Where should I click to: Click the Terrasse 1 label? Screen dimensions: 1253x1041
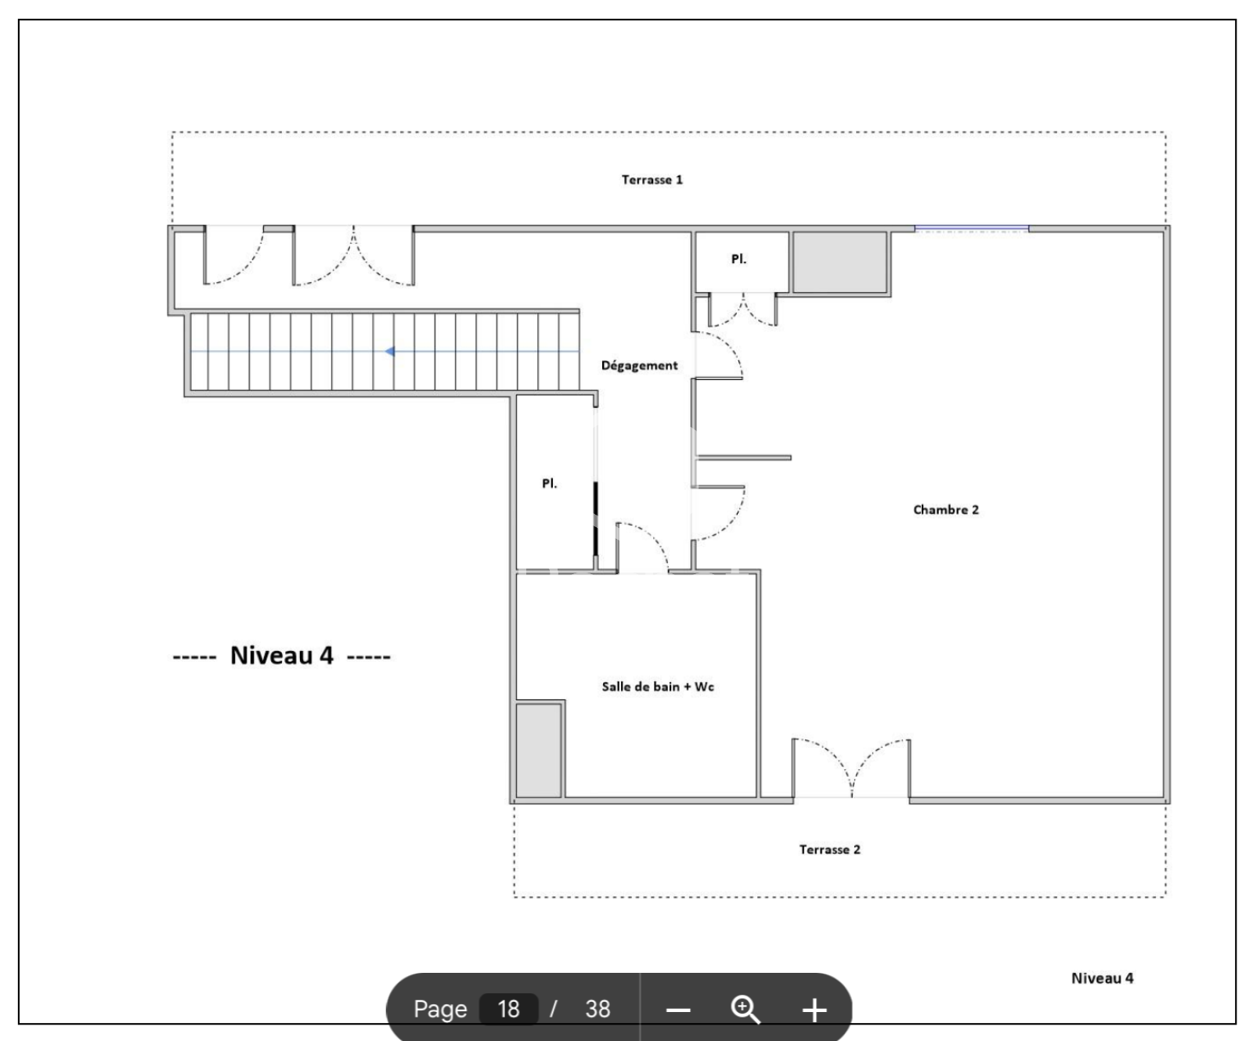pos(652,180)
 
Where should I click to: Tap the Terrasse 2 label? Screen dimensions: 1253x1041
pos(829,850)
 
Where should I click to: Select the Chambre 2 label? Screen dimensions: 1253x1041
pos(946,510)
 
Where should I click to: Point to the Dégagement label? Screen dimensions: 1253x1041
pos(639,366)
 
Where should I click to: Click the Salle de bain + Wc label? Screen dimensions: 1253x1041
pos(658,687)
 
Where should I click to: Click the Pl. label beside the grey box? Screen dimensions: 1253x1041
pos(738,259)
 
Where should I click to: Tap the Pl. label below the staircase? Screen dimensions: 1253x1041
pos(550,484)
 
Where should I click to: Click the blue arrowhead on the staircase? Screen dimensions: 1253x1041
pos(389,352)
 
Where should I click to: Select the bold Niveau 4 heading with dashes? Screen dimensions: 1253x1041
pos(281,656)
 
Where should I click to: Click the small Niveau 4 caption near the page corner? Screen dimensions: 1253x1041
pos(1102,978)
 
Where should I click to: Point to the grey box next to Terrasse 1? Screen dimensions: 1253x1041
pos(840,262)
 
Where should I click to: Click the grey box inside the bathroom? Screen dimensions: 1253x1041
pos(540,750)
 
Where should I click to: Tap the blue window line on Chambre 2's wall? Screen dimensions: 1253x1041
pos(972,229)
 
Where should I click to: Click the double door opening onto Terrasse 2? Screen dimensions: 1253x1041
pos(851,768)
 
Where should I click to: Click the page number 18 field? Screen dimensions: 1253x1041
pos(508,1009)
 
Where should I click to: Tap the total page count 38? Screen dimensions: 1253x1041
pos(598,1009)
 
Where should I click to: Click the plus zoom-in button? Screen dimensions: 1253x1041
pos(814,1010)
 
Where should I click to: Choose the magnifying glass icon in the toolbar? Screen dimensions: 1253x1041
pos(745,1010)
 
